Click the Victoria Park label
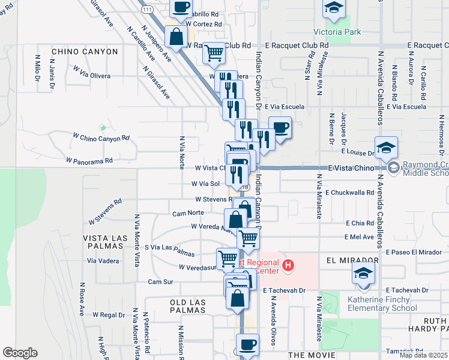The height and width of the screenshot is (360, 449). click(x=337, y=32)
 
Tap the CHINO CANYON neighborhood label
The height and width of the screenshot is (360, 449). click(x=85, y=52)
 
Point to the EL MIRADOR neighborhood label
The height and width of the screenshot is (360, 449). click(x=352, y=261)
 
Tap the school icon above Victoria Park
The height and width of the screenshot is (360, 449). click(x=333, y=8)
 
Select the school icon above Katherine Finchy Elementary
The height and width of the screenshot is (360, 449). click(x=363, y=274)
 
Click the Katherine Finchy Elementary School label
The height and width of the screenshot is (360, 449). click(x=382, y=304)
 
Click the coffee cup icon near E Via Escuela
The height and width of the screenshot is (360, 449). click(x=280, y=127)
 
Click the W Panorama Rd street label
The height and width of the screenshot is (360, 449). click(x=89, y=161)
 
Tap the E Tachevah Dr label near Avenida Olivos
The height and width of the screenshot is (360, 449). click(x=285, y=290)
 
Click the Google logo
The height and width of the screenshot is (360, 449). click(x=20, y=353)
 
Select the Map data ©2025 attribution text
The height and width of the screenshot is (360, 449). click(x=423, y=355)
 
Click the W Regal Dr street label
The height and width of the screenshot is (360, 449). click(x=109, y=314)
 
